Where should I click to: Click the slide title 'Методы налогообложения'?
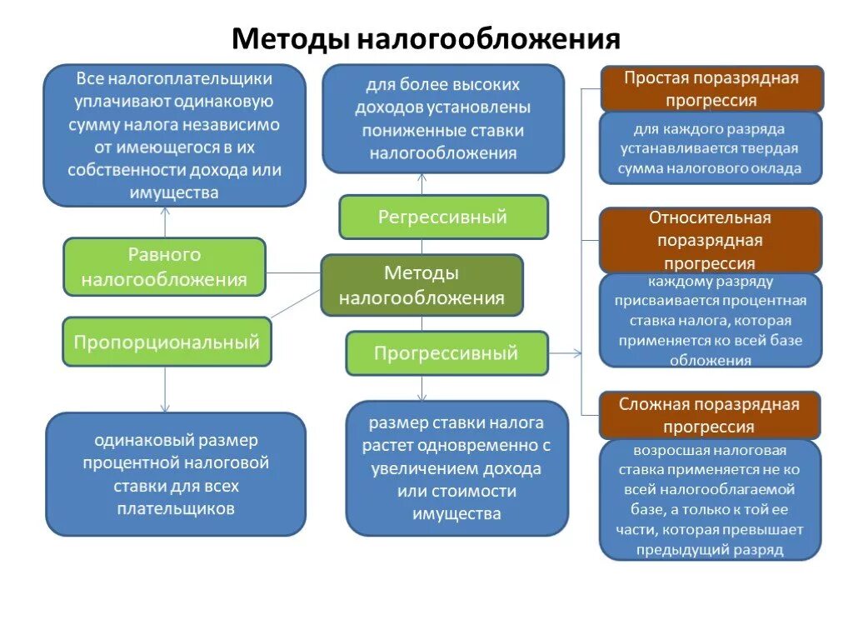click(x=426, y=38)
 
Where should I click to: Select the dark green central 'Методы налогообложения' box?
click(x=422, y=285)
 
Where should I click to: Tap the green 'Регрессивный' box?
click(x=443, y=217)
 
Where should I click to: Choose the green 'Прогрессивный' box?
click(x=446, y=353)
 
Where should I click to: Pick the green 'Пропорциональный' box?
click(x=167, y=342)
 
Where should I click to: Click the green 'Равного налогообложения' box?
click(x=164, y=267)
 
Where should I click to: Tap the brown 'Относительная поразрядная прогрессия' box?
click(x=711, y=240)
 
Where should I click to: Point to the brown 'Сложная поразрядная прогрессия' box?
click(x=711, y=415)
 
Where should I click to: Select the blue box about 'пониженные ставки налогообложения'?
click(x=443, y=119)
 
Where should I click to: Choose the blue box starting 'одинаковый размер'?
click(x=176, y=473)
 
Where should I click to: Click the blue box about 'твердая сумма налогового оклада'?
click(x=711, y=148)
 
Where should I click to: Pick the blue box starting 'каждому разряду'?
click(x=711, y=321)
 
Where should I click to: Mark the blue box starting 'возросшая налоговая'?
click(x=711, y=499)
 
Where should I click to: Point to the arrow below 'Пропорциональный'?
click(x=165, y=389)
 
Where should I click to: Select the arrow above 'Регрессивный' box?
click(x=422, y=183)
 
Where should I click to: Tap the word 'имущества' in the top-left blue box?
click(x=175, y=192)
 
